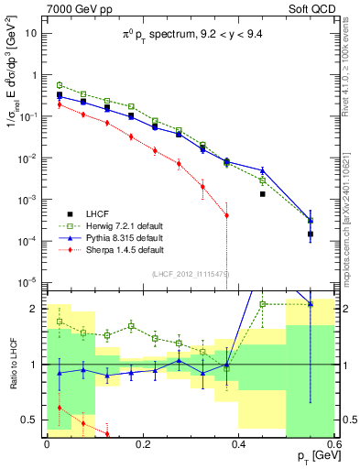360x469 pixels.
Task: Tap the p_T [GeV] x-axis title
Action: pos(311,456)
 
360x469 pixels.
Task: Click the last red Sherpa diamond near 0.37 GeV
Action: pos(226,215)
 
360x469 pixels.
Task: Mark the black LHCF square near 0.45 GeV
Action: pos(262,194)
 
